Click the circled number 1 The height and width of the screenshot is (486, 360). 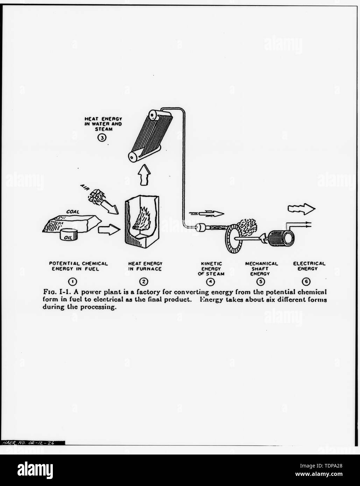(x=73, y=281)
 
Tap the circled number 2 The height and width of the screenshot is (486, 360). (x=143, y=281)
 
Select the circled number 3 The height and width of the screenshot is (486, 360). (x=102, y=138)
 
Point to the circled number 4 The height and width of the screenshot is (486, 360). (x=211, y=281)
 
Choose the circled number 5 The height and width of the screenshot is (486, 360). (x=260, y=281)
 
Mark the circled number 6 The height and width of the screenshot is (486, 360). (x=306, y=281)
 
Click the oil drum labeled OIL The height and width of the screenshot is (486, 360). (x=69, y=235)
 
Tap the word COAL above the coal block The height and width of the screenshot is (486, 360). (x=73, y=212)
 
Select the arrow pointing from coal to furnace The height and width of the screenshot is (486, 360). (x=109, y=230)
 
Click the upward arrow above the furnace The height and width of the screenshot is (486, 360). (x=144, y=174)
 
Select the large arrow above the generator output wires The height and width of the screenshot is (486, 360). (x=302, y=209)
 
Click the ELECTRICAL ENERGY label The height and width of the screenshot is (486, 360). (x=309, y=266)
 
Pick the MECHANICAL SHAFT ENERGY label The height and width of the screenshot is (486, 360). (x=261, y=269)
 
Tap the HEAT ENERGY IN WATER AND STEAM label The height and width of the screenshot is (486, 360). (x=103, y=124)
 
